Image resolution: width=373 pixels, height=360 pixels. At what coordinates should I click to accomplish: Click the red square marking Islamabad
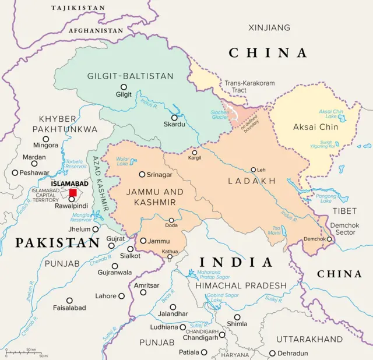[73, 193]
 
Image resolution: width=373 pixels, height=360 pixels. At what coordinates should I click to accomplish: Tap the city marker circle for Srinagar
[142, 174]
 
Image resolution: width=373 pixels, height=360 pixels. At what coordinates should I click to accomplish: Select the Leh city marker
[253, 170]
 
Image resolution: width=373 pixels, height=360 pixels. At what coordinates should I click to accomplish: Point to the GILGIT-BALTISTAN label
[130, 76]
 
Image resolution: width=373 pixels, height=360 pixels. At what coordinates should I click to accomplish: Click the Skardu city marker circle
[174, 118]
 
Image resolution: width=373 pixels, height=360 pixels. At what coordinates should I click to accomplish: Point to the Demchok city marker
[329, 238]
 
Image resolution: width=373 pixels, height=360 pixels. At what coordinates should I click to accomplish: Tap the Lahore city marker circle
[121, 296]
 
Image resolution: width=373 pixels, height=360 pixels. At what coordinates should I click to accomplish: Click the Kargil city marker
[195, 153]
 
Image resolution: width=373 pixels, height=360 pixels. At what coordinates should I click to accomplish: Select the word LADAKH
[252, 181]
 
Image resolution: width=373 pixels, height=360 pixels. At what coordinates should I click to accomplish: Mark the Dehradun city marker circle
[272, 353]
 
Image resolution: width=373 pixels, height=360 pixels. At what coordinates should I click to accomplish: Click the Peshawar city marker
[15, 172]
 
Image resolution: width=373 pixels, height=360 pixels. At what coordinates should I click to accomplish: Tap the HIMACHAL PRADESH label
[241, 285]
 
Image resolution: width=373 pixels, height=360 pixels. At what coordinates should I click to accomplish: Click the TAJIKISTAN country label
[78, 8]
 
